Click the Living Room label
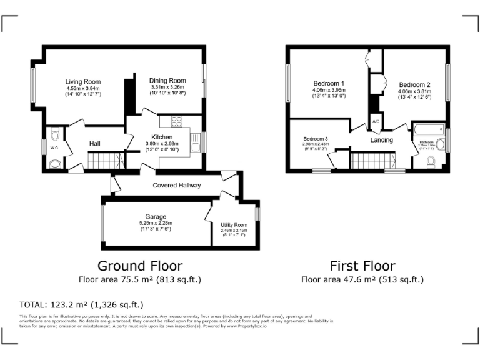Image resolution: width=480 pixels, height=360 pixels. tap(83, 82)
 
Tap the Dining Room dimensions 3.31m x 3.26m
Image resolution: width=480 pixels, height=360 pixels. tap(167, 87)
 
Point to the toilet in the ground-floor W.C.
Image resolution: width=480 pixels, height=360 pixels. tap(54, 134)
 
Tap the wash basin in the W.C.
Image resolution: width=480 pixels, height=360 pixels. tap(54, 164)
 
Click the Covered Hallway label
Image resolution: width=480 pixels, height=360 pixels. tap(176, 186)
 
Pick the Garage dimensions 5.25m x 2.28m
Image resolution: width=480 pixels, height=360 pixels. tap(156, 223)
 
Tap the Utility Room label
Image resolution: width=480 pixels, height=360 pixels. tap(234, 225)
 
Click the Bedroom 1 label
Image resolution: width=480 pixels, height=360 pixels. tap(329, 84)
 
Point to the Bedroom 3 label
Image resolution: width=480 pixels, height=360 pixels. tap(316, 139)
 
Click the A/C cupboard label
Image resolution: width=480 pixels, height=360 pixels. tap(376, 121)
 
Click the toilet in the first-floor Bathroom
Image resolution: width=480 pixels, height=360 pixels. tap(430, 162)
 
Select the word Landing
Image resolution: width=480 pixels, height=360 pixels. tap(381, 140)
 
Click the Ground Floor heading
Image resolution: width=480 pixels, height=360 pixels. tap(139, 266)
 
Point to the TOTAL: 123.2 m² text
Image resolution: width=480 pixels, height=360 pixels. tap(82, 305)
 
